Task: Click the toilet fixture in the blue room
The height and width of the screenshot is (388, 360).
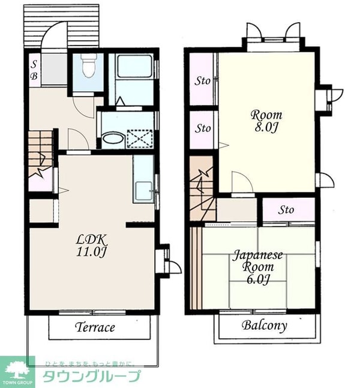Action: pos(89,65)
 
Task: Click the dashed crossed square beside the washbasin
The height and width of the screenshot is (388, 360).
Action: pos(140,139)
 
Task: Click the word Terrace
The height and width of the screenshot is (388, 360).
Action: pos(95,327)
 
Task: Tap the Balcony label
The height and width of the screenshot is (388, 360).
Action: pos(265,325)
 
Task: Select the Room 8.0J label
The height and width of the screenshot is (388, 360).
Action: pos(266,121)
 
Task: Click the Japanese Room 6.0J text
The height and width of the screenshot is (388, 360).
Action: pos(258,267)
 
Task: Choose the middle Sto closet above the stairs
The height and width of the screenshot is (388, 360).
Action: pos(203,130)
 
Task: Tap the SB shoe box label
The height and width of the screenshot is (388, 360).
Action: pos(34,71)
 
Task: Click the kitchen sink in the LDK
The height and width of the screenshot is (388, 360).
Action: pos(143,190)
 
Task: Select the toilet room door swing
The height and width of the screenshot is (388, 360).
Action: pos(83,106)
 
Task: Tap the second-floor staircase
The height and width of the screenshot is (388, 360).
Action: pos(203,189)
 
